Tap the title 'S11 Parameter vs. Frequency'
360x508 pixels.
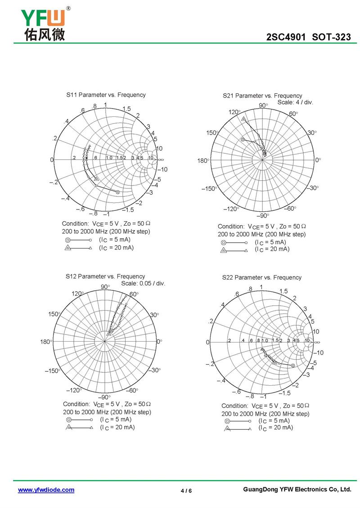(x=106, y=95)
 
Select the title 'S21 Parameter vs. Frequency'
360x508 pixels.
(x=262, y=96)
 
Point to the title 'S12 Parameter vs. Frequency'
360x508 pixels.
(x=105, y=276)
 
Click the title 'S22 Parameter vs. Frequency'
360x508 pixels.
(x=261, y=277)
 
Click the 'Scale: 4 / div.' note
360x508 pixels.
(x=295, y=102)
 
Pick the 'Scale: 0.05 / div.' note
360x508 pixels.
(x=143, y=283)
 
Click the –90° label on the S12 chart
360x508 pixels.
(x=104, y=397)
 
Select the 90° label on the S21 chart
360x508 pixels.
(x=263, y=105)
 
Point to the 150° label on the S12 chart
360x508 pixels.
(x=54, y=314)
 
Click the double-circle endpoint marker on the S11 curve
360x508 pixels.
(x=118, y=192)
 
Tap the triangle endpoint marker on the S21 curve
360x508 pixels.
(x=243, y=119)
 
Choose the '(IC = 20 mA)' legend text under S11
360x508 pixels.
(x=116, y=248)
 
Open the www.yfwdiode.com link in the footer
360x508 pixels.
(x=46, y=490)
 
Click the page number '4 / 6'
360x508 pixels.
(x=186, y=490)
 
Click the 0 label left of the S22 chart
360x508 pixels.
(x=208, y=343)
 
